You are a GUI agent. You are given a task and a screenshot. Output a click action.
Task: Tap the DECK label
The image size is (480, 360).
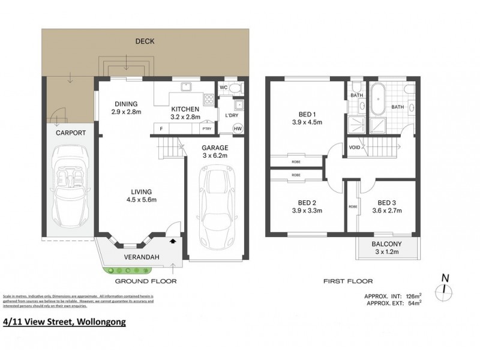145,41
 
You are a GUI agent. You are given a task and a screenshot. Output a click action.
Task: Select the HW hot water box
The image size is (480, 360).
238,129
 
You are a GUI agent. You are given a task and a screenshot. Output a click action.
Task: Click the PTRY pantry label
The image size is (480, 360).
207,129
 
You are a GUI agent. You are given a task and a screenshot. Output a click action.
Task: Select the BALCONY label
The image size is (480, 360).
386,244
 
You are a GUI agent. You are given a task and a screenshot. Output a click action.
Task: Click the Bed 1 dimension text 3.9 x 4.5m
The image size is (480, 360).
311,122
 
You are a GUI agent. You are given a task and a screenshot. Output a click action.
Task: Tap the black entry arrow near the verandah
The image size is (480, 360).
173,240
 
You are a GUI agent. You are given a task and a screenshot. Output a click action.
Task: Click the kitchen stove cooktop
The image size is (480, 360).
209,100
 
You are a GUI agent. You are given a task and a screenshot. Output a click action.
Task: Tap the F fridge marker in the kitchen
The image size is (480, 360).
161,129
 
